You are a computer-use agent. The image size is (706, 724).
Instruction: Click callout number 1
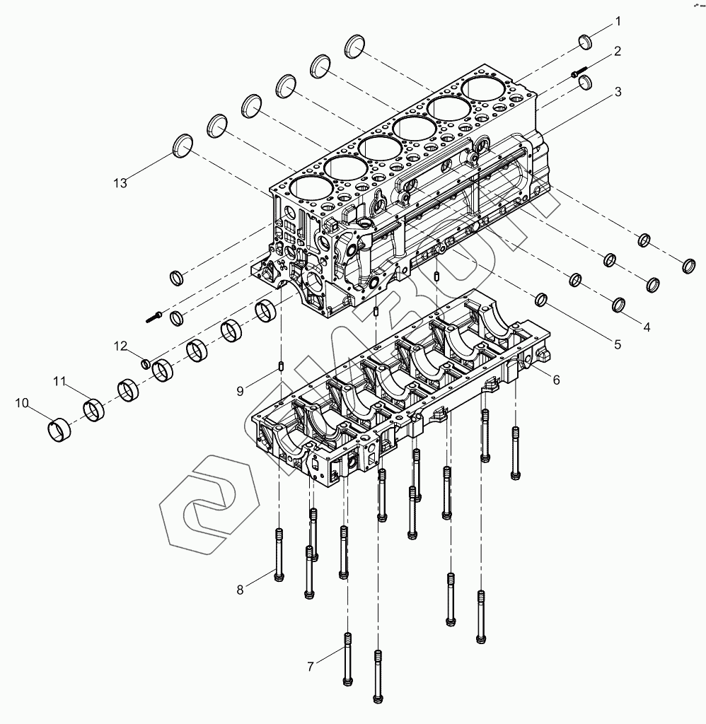[x=618, y=21]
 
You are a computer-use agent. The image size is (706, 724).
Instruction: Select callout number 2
[x=618, y=51]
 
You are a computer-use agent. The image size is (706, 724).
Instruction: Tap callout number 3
[x=618, y=92]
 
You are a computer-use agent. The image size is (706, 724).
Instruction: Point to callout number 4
[x=647, y=327]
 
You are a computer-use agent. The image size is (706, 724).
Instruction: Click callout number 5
[x=617, y=345]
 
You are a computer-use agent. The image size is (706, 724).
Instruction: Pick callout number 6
[x=556, y=380]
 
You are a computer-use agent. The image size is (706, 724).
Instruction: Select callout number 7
[x=311, y=666]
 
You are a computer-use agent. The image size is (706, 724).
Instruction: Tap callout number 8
[x=241, y=590]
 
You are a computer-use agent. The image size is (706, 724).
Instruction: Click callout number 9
[x=241, y=390]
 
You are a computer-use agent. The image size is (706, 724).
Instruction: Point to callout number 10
[x=22, y=404]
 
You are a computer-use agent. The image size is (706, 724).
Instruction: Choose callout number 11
[x=59, y=382]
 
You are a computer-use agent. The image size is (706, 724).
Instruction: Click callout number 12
[x=122, y=346]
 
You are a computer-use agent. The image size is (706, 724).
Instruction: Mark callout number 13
[x=120, y=183]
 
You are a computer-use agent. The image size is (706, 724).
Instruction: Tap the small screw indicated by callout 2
[x=578, y=71]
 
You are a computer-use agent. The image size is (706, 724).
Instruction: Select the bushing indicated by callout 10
[x=60, y=429]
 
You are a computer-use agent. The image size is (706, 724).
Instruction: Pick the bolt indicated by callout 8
[x=278, y=555]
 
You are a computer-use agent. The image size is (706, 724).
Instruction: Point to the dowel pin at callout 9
[x=282, y=367]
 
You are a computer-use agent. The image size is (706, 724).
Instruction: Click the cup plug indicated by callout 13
[x=183, y=145]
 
